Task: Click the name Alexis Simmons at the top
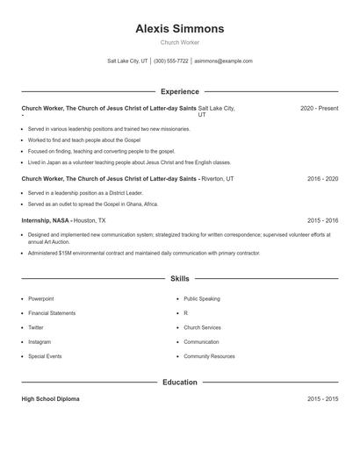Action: pyautogui.click(x=179, y=28)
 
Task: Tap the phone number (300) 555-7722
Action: pyautogui.click(x=171, y=61)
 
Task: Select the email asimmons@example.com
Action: pyautogui.click(x=223, y=61)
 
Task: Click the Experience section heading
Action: pyautogui.click(x=179, y=91)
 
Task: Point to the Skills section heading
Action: pyautogui.click(x=179, y=279)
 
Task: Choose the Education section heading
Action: pyautogui.click(x=179, y=383)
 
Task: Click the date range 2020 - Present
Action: pyautogui.click(x=319, y=108)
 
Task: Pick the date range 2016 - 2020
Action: pyautogui.click(x=322, y=178)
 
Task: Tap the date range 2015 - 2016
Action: pyautogui.click(x=322, y=220)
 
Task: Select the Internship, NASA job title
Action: pyautogui.click(x=46, y=220)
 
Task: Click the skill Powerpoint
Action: pyautogui.click(x=41, y=298)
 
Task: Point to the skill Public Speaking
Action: pyautogui.click(x=202, y=298)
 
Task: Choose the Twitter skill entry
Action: pyautogui.click(x=37, y=327)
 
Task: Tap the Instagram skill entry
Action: pyautogui.click(x=40, y=341)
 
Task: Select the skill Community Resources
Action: pyautogui.click(x=209, y=356)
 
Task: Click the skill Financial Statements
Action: pyautogui.click(x=51, y=312)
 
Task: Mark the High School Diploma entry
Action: pyautogui.click(x=50, y=398)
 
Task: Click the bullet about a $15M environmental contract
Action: pyautogui.click(x=144, y=253)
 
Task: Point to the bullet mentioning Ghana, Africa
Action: pyautogui.click(x=94, y=203)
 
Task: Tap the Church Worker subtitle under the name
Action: pyautogui.click(x=179, y=42)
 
